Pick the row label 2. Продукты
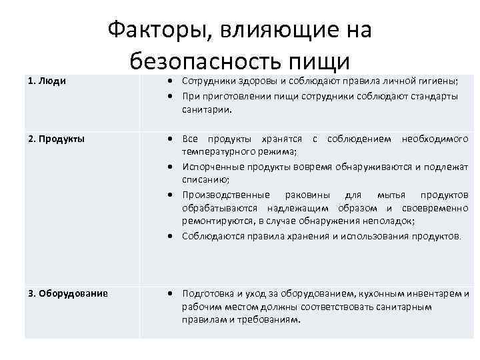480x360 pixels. pyautogui.click(x=56, y=139)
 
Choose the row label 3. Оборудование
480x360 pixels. pyautogui.click(x=68, y=293)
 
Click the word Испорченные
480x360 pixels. pyautogui.click(x=213, y=167)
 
